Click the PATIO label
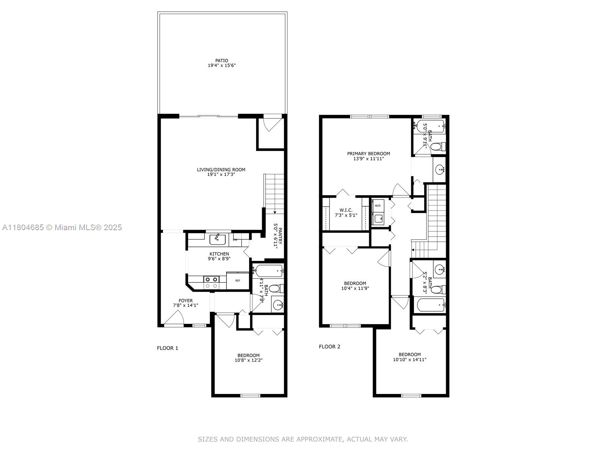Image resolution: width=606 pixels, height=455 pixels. pyautogui.click(x=222, y=61)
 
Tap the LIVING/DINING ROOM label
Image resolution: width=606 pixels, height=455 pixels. pyautogui.click(x=221, y=169)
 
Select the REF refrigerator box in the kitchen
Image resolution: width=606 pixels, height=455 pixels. pyautogui.click(x=238, y=281)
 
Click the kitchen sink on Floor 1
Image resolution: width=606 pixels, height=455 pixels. pyautogui.click(x=217, y=240)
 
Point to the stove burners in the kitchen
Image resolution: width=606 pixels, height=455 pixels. pyautogui.click(x=211, y=282)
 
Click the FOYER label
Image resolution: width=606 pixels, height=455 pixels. pyautogui.click(x=186, y=301)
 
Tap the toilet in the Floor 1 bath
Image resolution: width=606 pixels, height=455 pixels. pyautogui.click(x=275, y=289)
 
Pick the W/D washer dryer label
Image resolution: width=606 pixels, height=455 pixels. pyautogui.click(x=377, y=206)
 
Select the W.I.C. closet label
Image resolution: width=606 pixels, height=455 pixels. pyautogui.click(x=346, y=210)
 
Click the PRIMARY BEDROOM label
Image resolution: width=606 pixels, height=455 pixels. pyautogui.click(x=369, y=154)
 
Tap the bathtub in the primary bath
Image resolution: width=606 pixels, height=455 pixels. pyautogui.click(x=430, y=127)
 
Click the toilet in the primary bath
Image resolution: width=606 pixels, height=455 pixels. pyautogui.click(x=438, y=146)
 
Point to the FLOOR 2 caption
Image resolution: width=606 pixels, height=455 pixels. pyautogui.click(x=330, y=347)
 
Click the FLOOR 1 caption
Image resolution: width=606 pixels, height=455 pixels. pyautogui.click(x=167, y=348)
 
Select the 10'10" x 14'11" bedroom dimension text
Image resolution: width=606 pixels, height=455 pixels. pyautogui.click(x=410, y=359)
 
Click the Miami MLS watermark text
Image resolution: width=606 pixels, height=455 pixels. pyautogui.click(x=62, y=227)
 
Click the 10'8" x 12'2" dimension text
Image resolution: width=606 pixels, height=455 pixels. pyautogui.click(x=248, y=360)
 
